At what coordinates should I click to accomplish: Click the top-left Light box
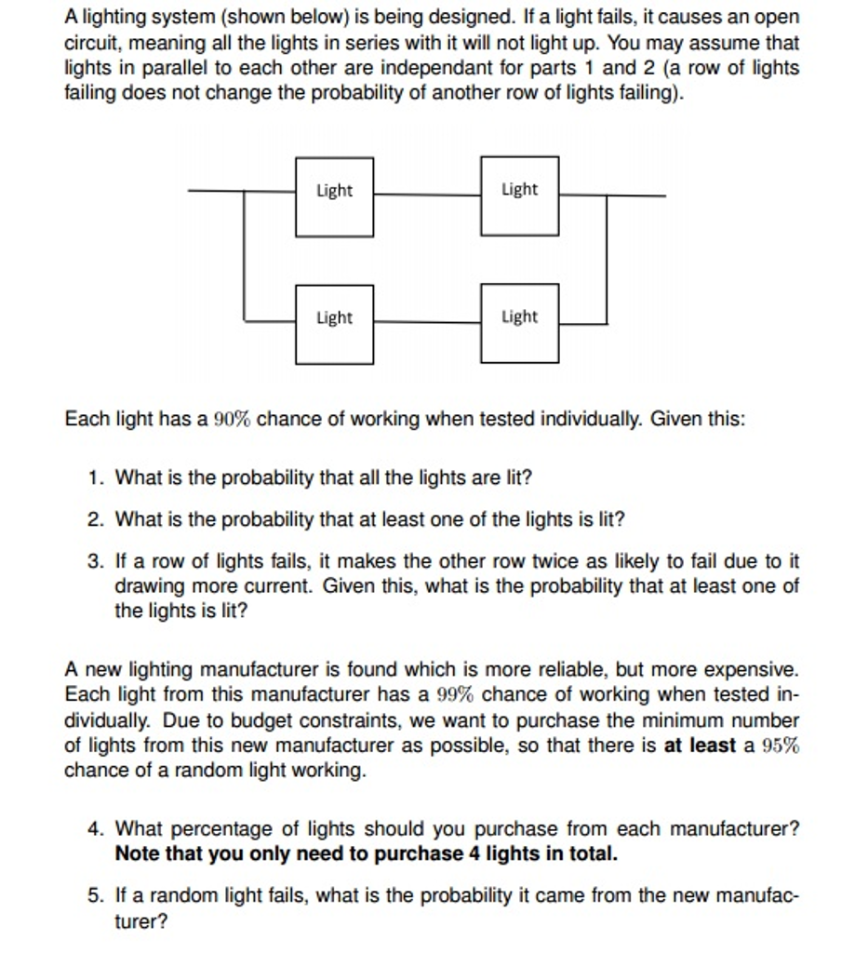click(x=334, y=196)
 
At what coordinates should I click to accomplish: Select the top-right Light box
click(x=519, y=195)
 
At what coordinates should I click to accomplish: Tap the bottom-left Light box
click(x=334, y=324)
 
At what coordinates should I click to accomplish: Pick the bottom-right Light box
click(x=519, y=323)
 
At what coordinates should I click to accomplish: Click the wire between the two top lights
click(x=427, y=195)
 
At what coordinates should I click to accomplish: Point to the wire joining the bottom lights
click(x=427, y=322)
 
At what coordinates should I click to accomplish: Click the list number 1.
click(x=95, y=478)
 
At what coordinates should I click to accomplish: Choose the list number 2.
click(x=95, y=520)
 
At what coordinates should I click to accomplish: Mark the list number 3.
click(x=95, y=562)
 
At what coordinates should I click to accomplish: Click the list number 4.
click(x=95, y=829)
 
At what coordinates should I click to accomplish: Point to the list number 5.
click(x=95, y=896)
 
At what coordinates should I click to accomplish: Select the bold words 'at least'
click(x=699, y=746)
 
